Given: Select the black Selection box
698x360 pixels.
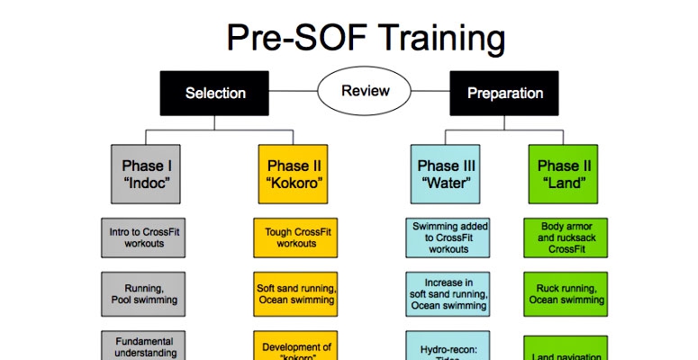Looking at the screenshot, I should pos(215,93).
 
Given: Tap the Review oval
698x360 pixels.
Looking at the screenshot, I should pos(366,91).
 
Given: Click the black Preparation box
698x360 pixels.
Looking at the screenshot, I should pos(504,93).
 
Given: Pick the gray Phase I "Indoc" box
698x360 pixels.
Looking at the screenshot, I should pos(148,173).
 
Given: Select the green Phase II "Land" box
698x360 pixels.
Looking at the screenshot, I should pos(565,173).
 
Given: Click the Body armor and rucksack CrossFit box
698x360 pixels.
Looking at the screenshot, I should pos(565,238).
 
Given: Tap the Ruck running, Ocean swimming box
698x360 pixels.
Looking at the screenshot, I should pos(565,294).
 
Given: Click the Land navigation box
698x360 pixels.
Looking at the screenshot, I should pos(565,349).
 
